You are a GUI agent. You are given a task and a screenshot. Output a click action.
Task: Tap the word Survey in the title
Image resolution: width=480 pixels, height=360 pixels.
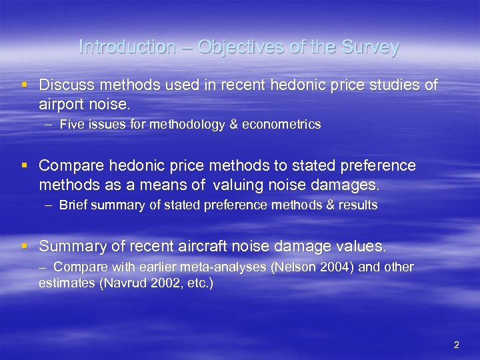pyautogui.click(x=371, y=47)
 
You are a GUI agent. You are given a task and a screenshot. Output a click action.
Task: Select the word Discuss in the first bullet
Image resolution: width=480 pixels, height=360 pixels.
pyautogui.click(x=65, y=85)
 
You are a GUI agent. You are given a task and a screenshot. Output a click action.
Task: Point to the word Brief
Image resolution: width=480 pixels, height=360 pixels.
pyautogui.click(x=73, y=205)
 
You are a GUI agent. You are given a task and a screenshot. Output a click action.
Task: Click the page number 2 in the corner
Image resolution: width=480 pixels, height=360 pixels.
pyautogui.click(x=456, y=345)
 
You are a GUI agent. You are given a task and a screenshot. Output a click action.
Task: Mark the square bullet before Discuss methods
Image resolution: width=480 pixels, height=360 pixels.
pyautogui.click(x=25, y=85)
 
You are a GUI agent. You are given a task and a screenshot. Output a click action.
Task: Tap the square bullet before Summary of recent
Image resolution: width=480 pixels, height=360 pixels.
pyautogui.click(x=25, y=246)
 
